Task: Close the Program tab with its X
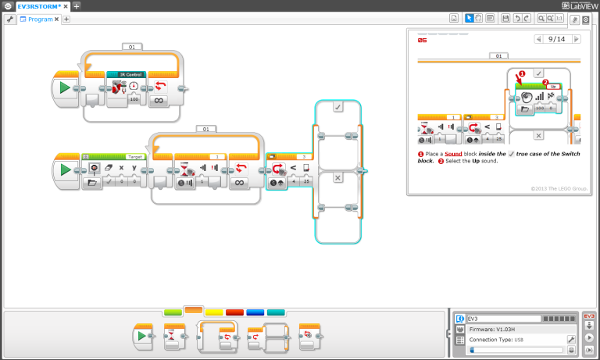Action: point(56,19)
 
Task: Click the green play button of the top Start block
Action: point(65,87)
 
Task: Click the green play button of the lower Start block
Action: point(65,169)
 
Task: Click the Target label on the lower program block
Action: point(134,156)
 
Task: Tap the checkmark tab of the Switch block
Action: point(338,109)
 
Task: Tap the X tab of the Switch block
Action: point(338,178)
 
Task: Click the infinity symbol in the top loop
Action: point(158,100)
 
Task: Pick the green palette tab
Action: point(173,312)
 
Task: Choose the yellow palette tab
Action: point(214,312)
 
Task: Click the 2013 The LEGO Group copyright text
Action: point(559,188)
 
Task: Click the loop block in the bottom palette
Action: point(215,336)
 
